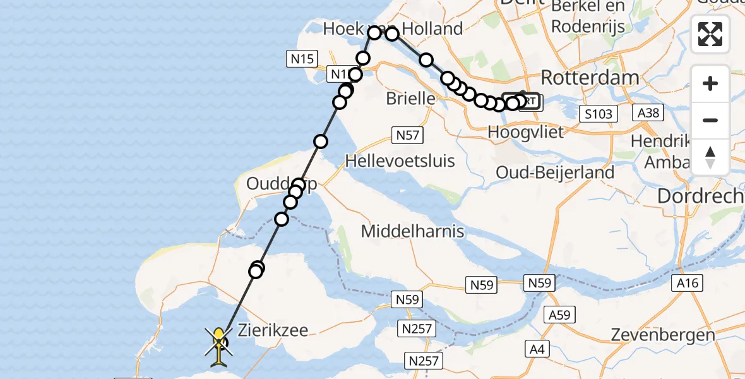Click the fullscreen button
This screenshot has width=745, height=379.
[x=710, y=34]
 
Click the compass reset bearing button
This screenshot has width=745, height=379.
[x=710, y=157]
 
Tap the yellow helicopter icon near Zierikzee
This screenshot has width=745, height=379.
[x=218, y=346]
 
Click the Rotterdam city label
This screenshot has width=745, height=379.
[x=590, y=78]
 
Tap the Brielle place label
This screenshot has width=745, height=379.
[x=410, y=99]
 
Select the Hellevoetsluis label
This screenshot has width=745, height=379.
[x=400, y=161]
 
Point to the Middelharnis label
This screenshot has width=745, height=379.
[x=413, y=231]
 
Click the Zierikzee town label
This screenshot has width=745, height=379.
[x=273, y=330]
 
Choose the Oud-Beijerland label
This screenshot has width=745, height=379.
[x=555, y=172]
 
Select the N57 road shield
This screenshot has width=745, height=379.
[x=407, y=135]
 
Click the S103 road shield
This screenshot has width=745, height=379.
[x=598, y=114]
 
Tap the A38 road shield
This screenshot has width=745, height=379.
[x=647, y=112]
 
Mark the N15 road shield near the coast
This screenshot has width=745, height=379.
[x=302, y=59]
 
